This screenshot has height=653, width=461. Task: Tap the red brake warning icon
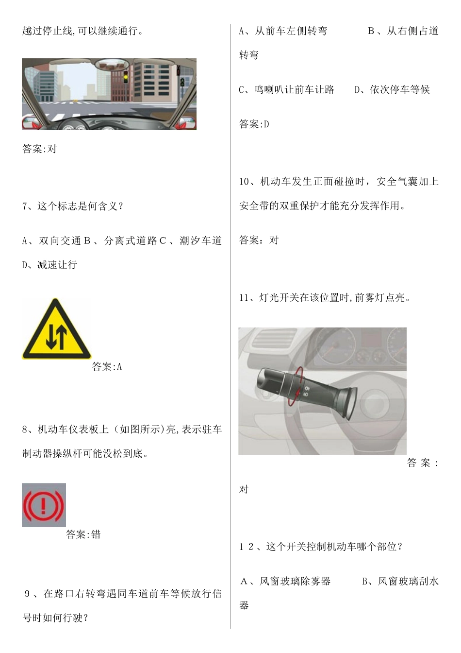click(x=44, y=505)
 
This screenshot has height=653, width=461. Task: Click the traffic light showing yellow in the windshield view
click(x=126, y=77)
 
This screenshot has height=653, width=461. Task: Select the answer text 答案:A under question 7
click(x=107, y=367)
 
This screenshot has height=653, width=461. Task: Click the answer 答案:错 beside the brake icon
click(x=83, y=535)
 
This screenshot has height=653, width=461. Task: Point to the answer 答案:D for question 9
click(x=254, y=124)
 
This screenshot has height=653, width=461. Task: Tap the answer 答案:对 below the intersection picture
click(x=40, y=149)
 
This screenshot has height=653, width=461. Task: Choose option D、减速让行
click(x=49, y=265)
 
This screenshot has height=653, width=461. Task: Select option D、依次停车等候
click(x=392, y=90)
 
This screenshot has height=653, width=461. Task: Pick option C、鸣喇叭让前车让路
click(x=287, y=90)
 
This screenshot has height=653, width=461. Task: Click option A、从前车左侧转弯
click(x=283, y=32)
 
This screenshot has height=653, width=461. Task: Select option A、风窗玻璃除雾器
click(x=286, y=582)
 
